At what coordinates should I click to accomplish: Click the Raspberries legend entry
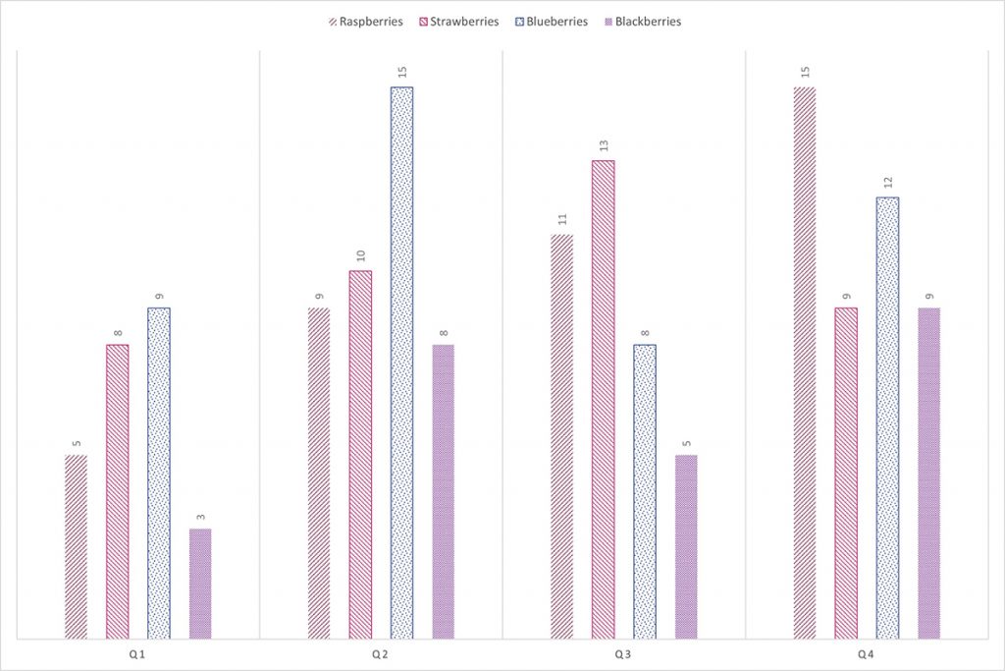coord(365,22)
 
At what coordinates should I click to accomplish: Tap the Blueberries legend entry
coord(551,22)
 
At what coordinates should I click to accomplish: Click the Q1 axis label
coord(137,654)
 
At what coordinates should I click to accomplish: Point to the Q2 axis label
coord(381,654)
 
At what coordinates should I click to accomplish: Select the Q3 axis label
coord(624,654)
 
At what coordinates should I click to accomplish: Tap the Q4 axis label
coord(867,654)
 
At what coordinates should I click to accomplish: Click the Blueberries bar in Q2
coord(401,363)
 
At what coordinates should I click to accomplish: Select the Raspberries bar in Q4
coord(805,363)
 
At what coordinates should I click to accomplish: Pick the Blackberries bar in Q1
coord(200,585)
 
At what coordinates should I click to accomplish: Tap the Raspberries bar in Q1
coord(76,547)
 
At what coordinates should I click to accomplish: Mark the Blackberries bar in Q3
coord(686,547)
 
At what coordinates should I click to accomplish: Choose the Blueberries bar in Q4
coord(887,419)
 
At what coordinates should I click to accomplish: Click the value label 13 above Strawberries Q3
coord(603,145)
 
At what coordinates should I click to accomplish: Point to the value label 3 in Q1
coord(200,517)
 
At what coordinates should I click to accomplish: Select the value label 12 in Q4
coord(887,182)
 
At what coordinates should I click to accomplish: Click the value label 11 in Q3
coord(561,219)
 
